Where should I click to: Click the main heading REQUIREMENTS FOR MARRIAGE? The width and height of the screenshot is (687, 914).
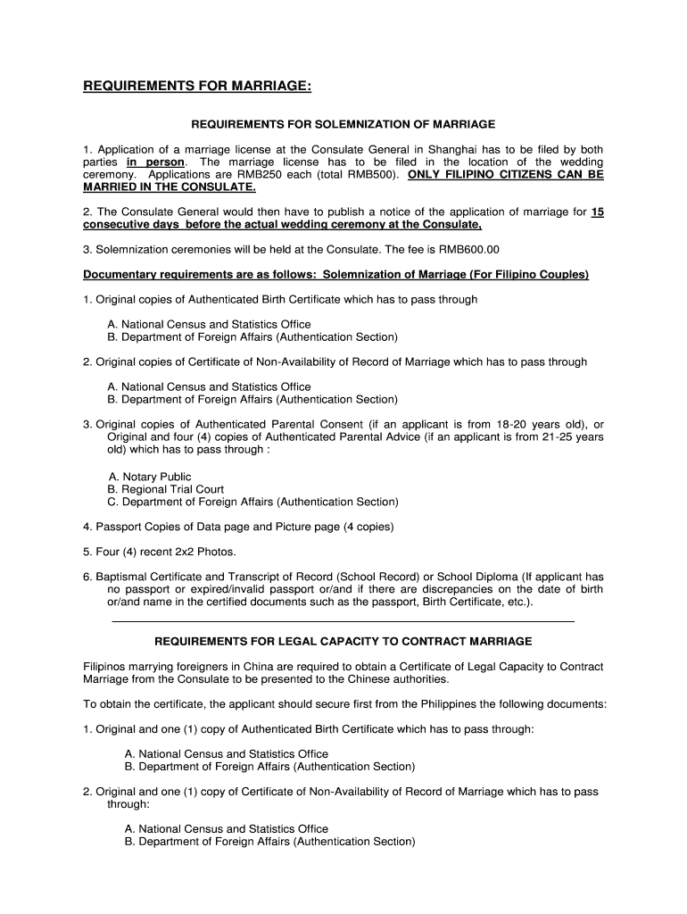tap(197, 86)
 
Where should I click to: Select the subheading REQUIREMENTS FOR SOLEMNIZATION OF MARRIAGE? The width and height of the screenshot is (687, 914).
tap(343, 124)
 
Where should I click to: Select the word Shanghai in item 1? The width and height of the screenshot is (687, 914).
tap(455, 149)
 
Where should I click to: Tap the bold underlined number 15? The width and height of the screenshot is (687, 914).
tap(598, 212)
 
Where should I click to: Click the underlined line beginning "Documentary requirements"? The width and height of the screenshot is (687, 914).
tap(335, 274)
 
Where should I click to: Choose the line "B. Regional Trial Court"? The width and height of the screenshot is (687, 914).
tap(165, 489)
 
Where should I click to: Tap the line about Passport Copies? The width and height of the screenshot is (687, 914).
tap(238, 527)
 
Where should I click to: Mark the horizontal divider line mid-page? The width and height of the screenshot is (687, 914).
tap(343, 620)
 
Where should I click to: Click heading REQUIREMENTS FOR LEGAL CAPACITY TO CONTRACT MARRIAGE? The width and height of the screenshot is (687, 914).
tap(343, 641)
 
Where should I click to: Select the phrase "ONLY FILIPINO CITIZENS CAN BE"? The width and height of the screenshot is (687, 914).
tap(506, 175)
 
